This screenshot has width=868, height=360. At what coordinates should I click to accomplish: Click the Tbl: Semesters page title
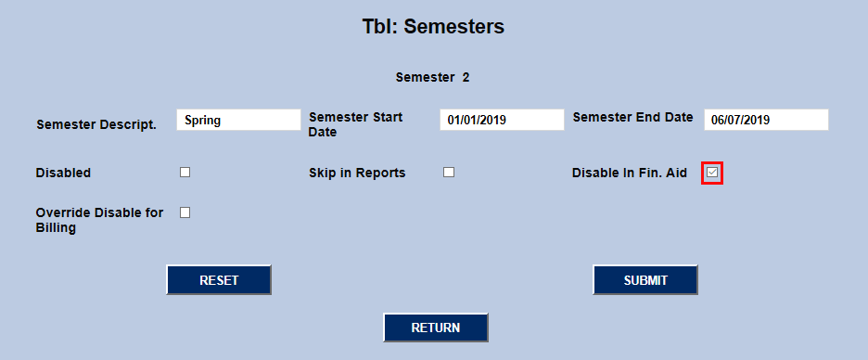[433, 27]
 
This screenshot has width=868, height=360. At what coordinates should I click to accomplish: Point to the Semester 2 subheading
[432, 77]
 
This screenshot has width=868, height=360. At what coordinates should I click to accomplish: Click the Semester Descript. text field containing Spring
[238, 120]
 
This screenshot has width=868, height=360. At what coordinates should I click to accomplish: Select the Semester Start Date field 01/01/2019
[502, 120]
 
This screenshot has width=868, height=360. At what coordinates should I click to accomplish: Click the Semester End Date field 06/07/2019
[766, 120]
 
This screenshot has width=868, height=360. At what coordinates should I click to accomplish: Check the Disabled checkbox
[185, 173]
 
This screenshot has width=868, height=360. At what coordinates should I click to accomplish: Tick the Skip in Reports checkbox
[449, 173]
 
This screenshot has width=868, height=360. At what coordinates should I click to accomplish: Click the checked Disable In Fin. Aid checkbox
[712, 173]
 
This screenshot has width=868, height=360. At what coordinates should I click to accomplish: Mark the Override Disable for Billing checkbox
[185, 212]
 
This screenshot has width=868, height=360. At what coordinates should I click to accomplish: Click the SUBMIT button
[645, 280]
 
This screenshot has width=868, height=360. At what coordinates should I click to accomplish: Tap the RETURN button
[436, 328]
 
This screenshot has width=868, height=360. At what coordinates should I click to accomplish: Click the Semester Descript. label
[96, 124]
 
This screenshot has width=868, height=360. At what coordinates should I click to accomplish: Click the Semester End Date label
[632, 118]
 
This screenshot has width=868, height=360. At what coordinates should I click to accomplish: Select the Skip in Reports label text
[357, 173]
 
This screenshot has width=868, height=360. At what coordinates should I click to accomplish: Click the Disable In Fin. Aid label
[629, 173]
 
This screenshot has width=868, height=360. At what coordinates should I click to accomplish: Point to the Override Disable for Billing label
[99, 220]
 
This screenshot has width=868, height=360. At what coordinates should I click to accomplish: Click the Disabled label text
[63, 173]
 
